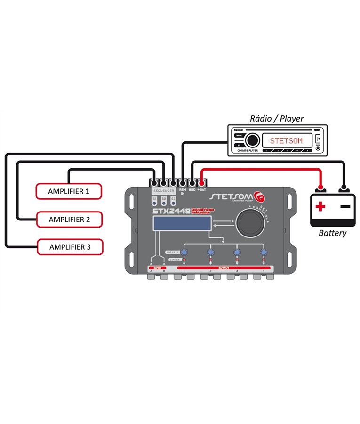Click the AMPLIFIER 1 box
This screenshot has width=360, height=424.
pos(68,191)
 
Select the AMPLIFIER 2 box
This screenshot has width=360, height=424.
pos(69,219)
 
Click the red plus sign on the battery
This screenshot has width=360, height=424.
pos(320,206)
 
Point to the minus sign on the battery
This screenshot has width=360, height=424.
pos(345,206)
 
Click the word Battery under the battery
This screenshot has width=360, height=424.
pos(332,233)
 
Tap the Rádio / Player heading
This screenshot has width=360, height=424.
pos(277,118)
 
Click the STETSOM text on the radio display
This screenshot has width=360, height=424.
pos(287,140)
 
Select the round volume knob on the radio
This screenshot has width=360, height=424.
pos(252,140)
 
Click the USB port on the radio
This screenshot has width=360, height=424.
pos(318,139)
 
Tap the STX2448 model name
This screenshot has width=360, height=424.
pos(171,211)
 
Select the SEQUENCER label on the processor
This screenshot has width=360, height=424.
pos(163,191)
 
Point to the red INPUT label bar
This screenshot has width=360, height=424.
pos(158,268)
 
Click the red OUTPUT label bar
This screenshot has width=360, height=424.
pos(224,268)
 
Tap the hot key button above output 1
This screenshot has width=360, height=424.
pos(184,253)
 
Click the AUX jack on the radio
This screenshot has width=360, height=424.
pos(318,148)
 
